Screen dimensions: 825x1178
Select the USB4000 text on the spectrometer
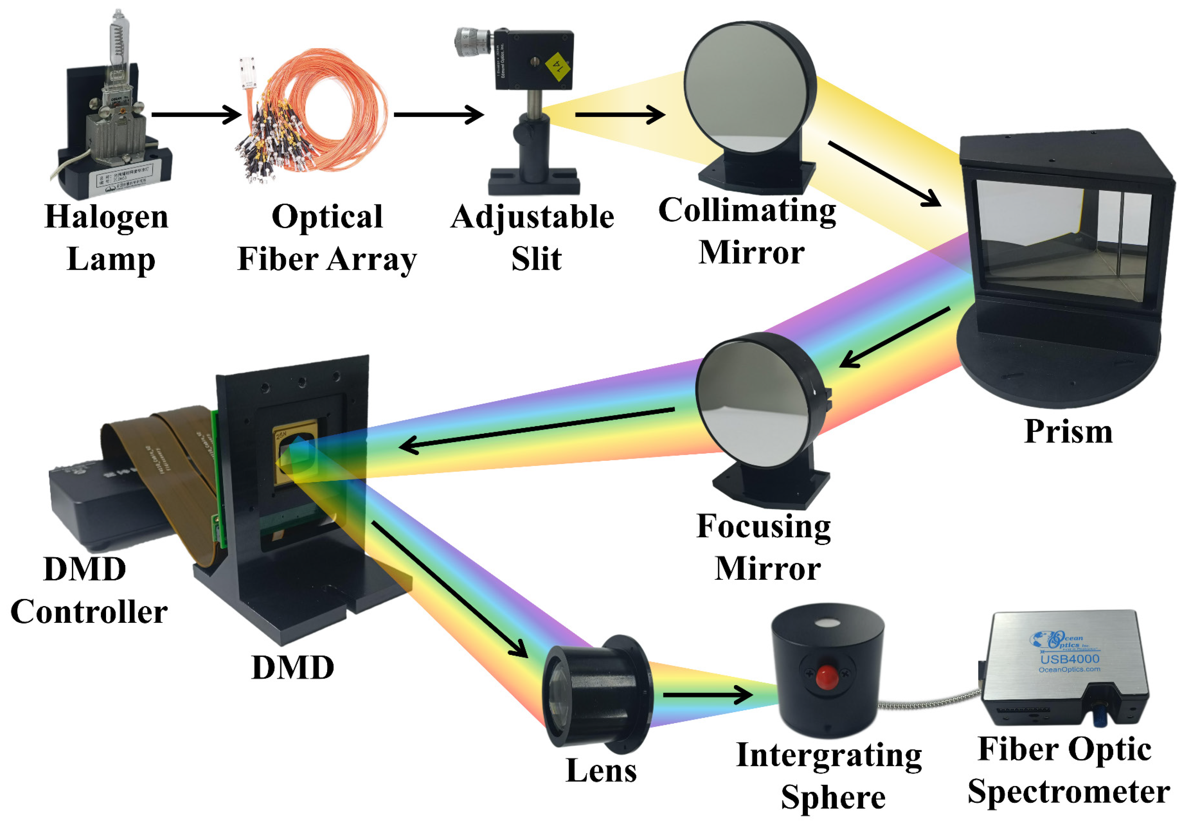point(1070,659)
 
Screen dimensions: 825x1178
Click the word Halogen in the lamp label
point(106,217)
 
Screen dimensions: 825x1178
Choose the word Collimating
point(747,211)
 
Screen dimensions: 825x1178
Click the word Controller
point(89,612)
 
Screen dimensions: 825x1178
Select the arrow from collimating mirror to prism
point(884,173)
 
